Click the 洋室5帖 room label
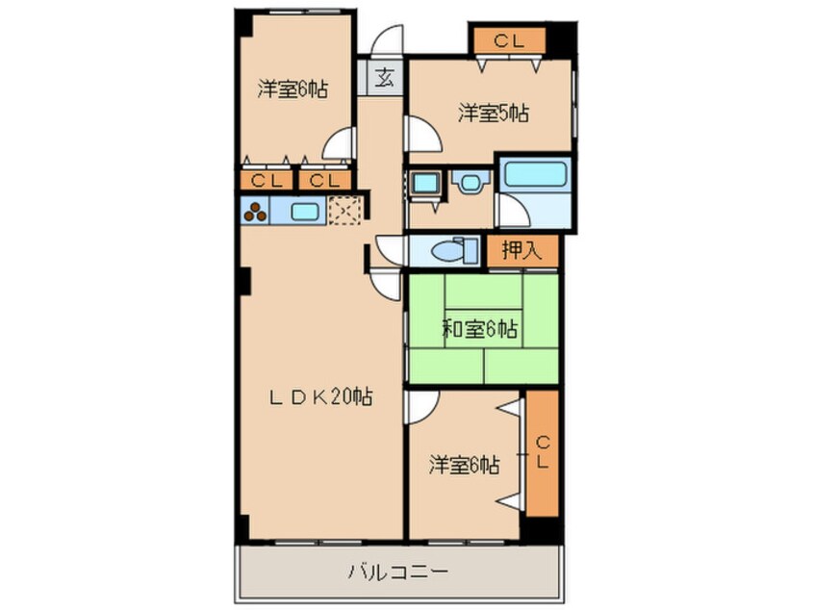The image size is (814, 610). [x=493, y=114]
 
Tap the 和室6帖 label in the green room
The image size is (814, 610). [x=480, y=330]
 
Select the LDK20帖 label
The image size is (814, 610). [x=320, y=395]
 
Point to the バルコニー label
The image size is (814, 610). [x=397, y=572]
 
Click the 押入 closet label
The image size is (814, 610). [x=521, y=251]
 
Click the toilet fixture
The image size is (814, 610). [x=453, y=250]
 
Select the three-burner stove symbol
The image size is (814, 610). [x=255, y=211]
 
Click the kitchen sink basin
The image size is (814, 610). [x=306, y=211]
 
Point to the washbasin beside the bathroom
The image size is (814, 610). [x=470, y=181]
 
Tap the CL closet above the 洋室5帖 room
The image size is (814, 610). [x=508, y=40]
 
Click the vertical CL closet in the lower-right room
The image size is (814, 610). [x=542, y=451]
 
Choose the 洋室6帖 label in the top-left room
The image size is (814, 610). [x=293, y=90]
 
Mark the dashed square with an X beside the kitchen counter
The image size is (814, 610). [x=344, y=210]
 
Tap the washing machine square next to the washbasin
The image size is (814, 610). [x=423, y=182]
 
